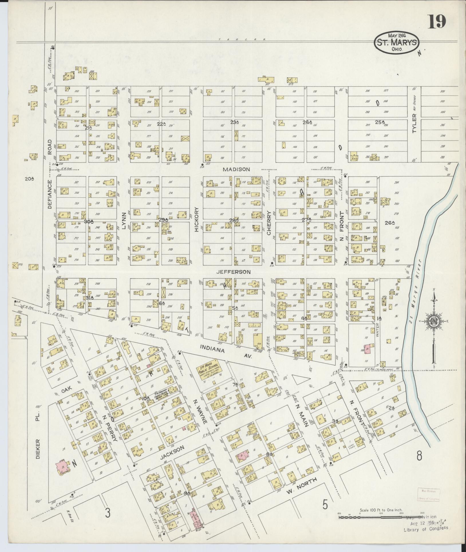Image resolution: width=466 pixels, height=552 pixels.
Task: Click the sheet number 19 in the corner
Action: pyautogui.click(x=437, y=21)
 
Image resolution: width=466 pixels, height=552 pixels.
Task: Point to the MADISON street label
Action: pyautogui.click(x=236, y=170)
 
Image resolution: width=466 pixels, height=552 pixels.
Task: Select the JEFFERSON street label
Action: pyautogui.click(x=237, y=272)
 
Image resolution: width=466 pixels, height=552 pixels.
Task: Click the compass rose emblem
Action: pyautogui.click(x=433, y=322)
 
